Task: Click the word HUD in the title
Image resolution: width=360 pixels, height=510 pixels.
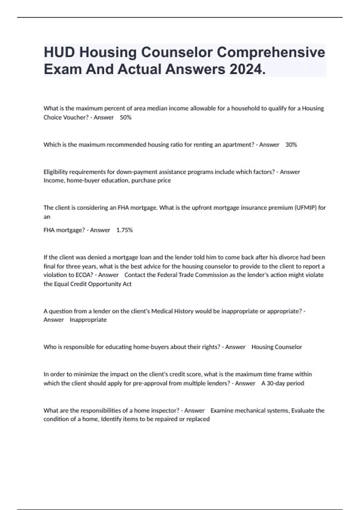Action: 59,52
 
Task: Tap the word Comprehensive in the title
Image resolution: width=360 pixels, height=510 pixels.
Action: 271,52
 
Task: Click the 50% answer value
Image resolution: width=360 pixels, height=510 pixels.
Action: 126,117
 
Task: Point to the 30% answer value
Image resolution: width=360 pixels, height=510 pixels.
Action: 291,145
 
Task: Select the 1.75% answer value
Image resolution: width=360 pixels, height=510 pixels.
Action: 124,230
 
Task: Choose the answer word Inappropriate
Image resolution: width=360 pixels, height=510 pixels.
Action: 88,320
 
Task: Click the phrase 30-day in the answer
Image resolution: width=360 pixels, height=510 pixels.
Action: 275,383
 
